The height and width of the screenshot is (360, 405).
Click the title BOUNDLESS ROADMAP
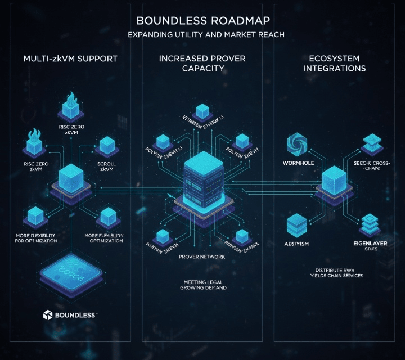(202, 20)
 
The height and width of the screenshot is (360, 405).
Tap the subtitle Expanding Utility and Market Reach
(202, 35)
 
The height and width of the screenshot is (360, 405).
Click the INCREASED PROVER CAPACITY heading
(202, 63)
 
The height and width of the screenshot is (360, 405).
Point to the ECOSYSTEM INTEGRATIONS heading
(335, 63)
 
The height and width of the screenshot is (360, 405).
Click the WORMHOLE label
(296, 163)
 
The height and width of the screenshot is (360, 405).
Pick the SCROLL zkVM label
(106, 166)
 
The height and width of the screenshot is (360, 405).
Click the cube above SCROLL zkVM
(107, 146)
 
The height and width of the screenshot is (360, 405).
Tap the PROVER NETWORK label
(201, 256)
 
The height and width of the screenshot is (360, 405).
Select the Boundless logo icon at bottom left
(48, 315)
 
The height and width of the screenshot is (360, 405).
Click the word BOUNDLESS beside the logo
(76, 315)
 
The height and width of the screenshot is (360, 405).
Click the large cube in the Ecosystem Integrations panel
(334, 181)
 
